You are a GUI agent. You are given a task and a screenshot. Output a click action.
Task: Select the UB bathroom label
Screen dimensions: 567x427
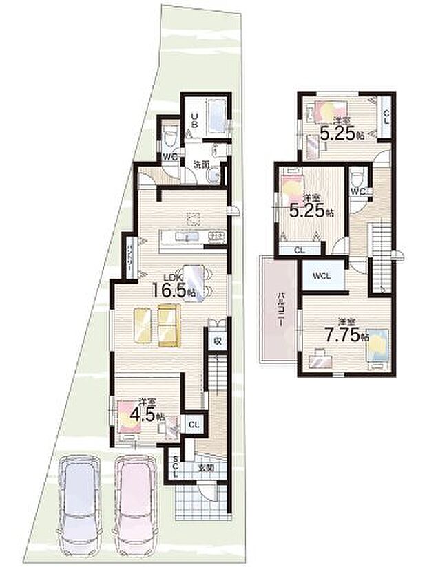pos(195,121)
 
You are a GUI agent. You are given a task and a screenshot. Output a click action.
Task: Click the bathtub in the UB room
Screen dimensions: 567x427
pos(218,120)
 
